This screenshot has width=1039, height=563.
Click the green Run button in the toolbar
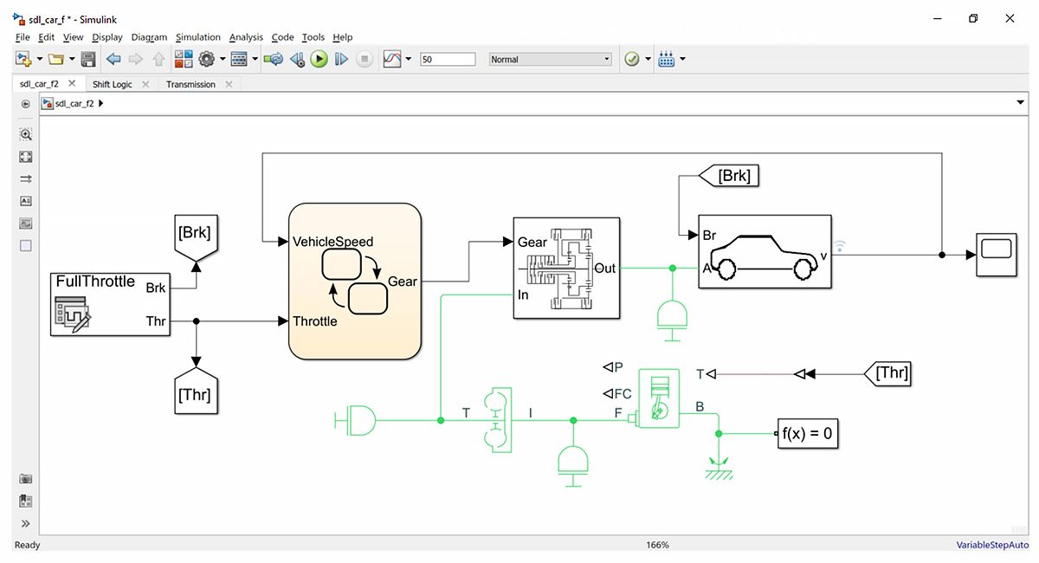319,59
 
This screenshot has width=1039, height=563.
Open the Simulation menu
197,37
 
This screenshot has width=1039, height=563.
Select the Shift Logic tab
113,84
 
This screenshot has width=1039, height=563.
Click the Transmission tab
190,84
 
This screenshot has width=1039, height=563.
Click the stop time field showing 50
447,60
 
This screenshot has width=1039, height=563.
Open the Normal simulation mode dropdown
550,60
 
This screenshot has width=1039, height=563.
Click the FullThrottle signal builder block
110,303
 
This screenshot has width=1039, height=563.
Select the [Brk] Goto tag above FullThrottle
194,234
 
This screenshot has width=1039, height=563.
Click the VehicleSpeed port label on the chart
333,242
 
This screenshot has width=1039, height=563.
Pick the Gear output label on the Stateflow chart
402,281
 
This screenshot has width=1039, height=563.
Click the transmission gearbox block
566,268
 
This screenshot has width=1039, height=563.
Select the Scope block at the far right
996,254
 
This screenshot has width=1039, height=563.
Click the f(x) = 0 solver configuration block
807,434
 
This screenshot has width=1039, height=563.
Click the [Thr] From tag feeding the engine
890,373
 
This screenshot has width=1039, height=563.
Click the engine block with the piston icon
658,397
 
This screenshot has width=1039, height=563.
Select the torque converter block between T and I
498,420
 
